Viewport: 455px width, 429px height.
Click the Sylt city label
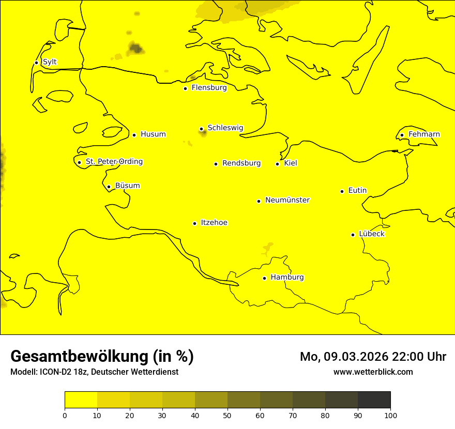coord(50,62)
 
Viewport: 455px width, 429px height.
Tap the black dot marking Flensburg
coord(185,88)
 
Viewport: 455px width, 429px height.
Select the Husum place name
coord(153,134)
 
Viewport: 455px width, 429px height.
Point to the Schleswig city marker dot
coord(201,129)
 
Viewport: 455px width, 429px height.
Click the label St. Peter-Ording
coord(114,162)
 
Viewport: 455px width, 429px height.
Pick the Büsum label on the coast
coord(127,186)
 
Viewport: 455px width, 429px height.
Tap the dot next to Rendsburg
coord(216,164)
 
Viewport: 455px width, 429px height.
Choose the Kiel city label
coord(291,163)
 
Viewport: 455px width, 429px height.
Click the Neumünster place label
coord(287,200)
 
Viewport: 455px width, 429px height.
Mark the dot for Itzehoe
coord(194,223)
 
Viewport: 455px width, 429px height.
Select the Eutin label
coord(357,191)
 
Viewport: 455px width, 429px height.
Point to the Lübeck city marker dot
coord(353,235)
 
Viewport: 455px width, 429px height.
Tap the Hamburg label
coord(287,278)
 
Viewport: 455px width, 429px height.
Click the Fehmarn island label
coord(424,134)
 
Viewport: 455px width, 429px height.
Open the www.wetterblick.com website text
coord(373,372)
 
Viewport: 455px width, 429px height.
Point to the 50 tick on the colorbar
coord(228,415)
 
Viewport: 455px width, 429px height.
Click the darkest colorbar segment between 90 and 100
coord(374,400)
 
